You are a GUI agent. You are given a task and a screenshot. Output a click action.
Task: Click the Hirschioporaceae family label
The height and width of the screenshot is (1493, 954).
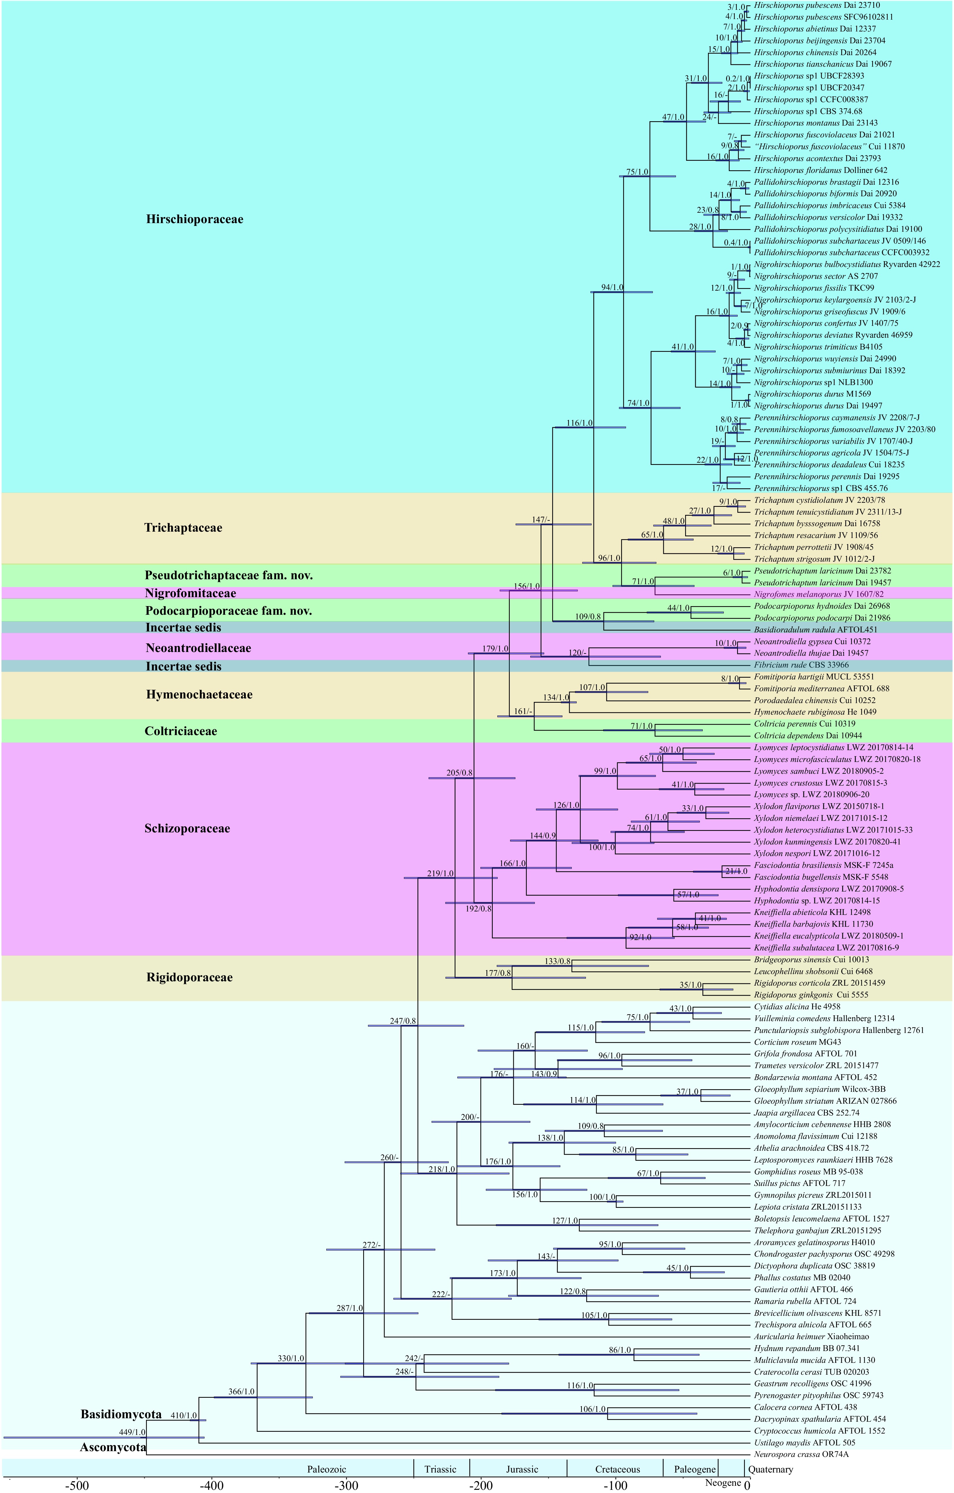click(195, 219)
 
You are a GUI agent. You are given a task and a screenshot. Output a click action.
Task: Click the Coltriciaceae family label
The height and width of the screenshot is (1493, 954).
click(181, 732)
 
